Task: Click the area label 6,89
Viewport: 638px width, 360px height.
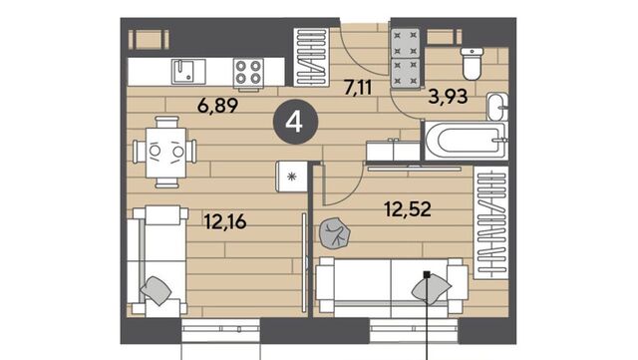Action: click(x=217, y=106)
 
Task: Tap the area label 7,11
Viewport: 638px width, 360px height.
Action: click(x=358, y=88)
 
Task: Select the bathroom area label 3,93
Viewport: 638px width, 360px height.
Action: click(x=448, y=97)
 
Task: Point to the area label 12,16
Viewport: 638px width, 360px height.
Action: click(x=225, y=222)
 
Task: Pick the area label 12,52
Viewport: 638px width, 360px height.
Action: click(x=408, y=209)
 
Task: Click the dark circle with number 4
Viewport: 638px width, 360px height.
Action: click(x=295, y=122)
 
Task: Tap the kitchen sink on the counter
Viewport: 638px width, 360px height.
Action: click(x=188, y=71)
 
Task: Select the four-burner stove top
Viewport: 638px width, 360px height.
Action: click(x=248, y=72)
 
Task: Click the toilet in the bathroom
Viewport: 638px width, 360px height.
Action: click(x=472, y=64)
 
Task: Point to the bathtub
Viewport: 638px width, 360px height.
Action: click(x=466, y=141)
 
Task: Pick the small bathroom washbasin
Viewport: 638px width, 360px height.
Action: click(x=497, y=107)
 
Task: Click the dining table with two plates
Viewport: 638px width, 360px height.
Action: click(x=165, y=152)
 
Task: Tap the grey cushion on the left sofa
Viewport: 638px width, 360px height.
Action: click(x=156, y=290)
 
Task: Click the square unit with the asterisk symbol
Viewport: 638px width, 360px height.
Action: click(x=291, y=176)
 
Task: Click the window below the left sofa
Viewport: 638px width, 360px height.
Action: click(x=220, y=331)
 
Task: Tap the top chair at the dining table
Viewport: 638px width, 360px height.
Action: click(x=166, y=122)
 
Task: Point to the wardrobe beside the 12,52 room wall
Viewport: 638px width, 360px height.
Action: click(x=490, y=222)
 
